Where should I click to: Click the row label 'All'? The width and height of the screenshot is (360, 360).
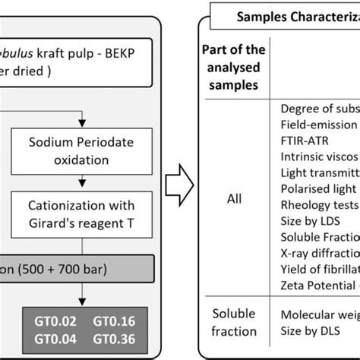pos(235,199)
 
